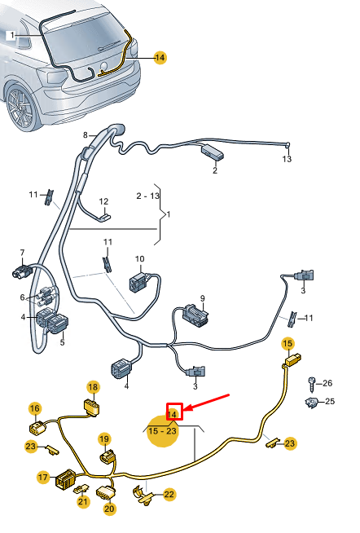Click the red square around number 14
click(174, 412)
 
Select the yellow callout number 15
click(288, 344)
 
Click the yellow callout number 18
click(93, 387)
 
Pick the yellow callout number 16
click(35, 408)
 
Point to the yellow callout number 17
click(43, 478)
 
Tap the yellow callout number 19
click(104, 438)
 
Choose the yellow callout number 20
click(109, 509)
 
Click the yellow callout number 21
click(83, 501)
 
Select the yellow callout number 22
click(169, 495)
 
